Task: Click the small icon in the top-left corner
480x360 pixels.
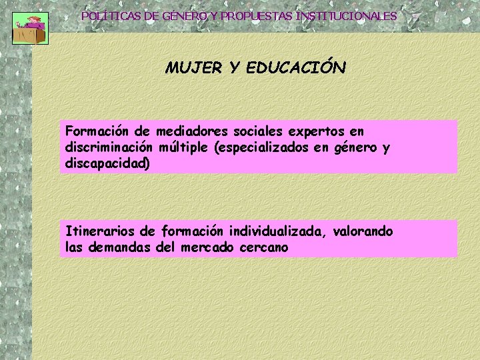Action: [x=30, y=27]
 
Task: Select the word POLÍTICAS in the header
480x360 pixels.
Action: [x=110, y=15]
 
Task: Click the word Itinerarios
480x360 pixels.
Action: [x=101, y=231]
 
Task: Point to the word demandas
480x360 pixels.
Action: [x=120, y=247]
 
